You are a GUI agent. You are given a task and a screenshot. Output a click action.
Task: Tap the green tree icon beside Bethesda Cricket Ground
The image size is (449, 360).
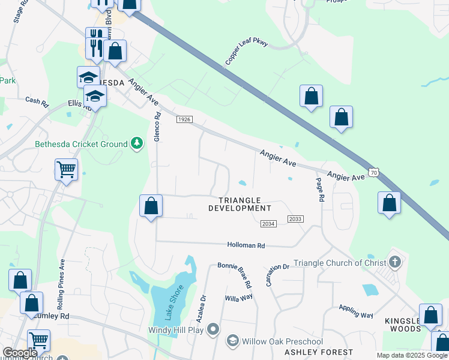tap(138, 143)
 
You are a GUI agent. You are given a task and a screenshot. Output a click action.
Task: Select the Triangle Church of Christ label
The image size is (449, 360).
tap(340, 263)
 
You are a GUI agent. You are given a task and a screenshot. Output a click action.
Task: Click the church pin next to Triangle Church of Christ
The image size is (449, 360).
tap(394, 262)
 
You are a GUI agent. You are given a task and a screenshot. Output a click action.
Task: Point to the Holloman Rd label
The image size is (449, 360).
tap(246, 245)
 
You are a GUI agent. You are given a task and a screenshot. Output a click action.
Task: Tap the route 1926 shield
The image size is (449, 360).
tap(184, 120)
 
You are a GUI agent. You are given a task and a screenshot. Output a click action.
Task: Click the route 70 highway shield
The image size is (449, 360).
tap(373, 172)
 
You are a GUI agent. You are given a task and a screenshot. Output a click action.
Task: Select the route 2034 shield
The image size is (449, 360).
tap(268, 224)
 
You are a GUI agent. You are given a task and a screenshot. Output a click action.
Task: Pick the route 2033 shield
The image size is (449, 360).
tap(295, 220)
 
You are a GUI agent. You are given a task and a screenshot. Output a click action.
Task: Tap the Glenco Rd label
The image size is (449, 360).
tap(157, 127)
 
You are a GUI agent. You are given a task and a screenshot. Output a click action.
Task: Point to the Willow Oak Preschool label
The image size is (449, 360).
tap(282, 341)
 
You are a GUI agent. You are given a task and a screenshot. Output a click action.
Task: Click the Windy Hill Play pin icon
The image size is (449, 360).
tap(213, 329)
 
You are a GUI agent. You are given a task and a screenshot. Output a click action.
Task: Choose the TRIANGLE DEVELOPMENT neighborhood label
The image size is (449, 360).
tap(240, 204)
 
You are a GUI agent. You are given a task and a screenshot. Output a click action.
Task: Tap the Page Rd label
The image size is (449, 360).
tap(321, 189)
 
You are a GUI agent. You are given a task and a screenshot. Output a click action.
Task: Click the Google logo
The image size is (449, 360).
tap(20, 353)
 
